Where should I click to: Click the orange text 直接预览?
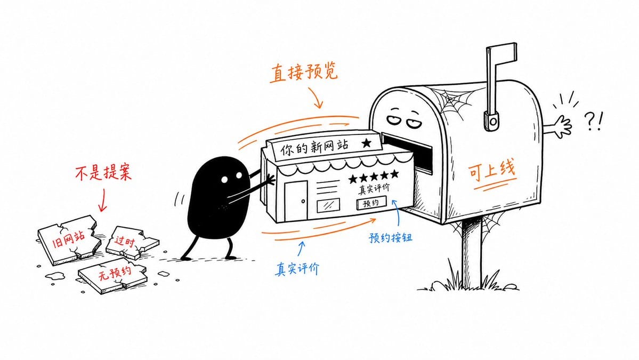[304, 73]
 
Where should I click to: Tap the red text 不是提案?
[103, 173]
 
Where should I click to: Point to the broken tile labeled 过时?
[131, 242]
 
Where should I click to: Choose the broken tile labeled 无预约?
[112, 274]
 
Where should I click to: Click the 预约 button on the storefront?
[371, 203]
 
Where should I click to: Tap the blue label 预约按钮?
[390, 237]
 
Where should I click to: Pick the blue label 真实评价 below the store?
[297, 269]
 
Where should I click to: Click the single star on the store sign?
[366, 143]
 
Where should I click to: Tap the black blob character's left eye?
[224, 179]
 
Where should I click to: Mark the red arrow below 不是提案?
[102, 200]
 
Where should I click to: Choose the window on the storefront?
[328, 205]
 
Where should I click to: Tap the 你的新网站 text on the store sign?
[314, 147]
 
